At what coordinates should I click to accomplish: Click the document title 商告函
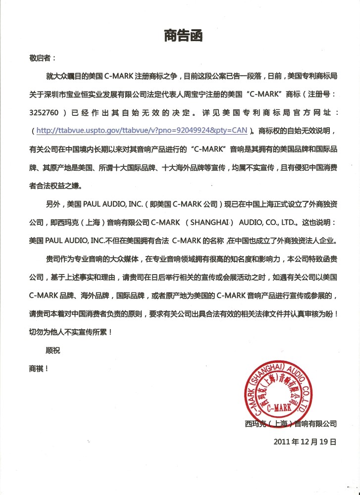pyautogui.click(x=183, y=36)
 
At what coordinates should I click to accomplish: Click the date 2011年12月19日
pyautogui.click(x=305, y=442)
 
